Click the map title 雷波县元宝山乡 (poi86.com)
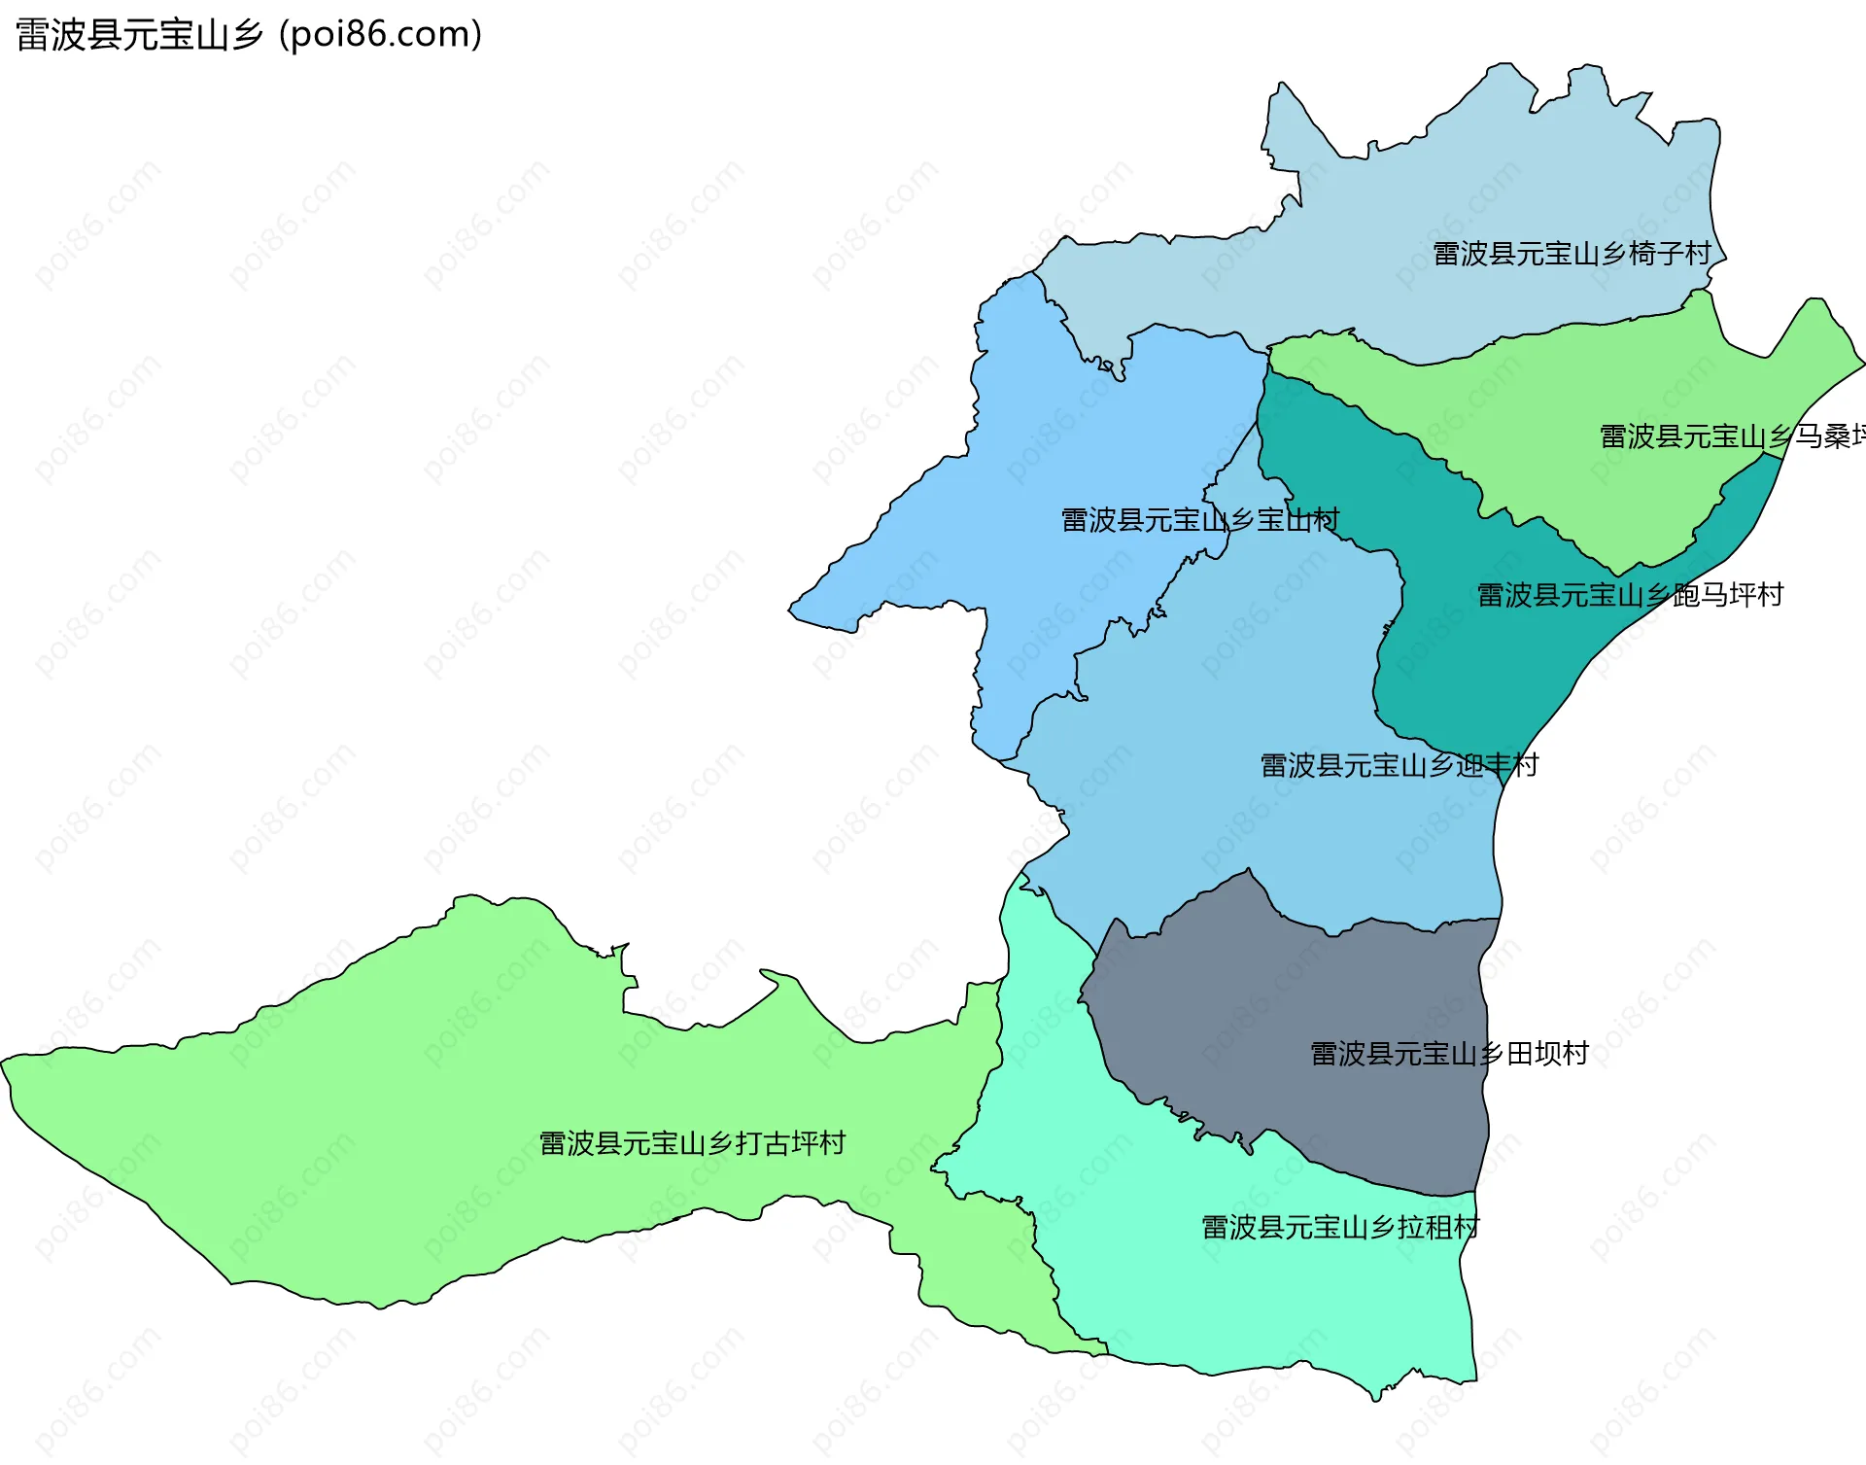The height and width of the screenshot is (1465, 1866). (249, 34)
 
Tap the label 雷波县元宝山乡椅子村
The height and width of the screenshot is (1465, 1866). (1572, 254)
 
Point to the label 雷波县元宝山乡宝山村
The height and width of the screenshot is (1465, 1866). (1199, 520)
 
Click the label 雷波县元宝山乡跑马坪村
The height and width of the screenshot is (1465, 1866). (1630, 595)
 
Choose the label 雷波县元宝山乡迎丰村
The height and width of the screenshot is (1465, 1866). (1399, 766)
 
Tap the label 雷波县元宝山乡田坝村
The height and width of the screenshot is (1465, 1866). (1449, 1054)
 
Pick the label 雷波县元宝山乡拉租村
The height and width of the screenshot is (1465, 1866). (1340, 1228)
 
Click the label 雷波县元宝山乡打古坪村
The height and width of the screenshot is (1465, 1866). (692, 1143)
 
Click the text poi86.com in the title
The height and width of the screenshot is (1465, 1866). (380, 34)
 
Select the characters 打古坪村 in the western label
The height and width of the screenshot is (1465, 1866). (790, 1143)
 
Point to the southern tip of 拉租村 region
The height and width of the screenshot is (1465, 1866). (1375, 1396)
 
